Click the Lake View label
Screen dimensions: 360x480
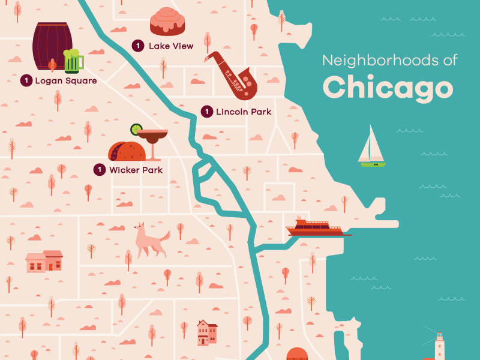click(x=171, y=46)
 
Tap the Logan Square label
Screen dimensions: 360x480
click(x=66, y=80)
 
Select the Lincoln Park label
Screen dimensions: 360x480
click(x=244, y=112)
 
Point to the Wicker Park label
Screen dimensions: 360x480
click(x=136, y=170)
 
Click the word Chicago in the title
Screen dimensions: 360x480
click(x=388, y=87)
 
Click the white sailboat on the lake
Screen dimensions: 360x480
click(x=371, y=148)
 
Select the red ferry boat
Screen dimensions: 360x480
click(x=314, y=228)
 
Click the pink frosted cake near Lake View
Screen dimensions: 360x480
click(x=167, y=22)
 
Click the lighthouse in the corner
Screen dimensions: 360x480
click(x=440, y=346)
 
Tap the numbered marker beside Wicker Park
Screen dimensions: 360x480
click(x=100, y=170)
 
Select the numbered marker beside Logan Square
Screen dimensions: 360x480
click(x=26, y=80)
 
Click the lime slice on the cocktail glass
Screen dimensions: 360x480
click(x=137, y=128)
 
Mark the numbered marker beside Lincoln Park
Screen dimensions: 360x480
click(x=206, y=112)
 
